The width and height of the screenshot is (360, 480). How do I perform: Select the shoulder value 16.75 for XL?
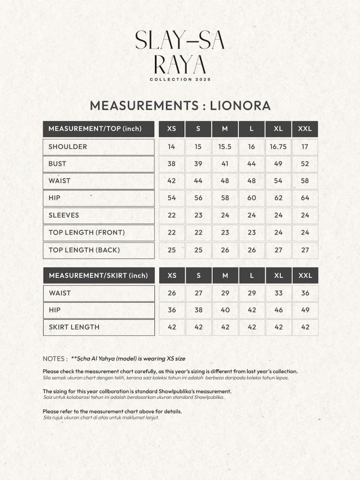278,147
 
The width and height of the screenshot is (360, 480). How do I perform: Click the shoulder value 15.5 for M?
225,147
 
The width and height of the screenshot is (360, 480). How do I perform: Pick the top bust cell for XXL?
305,164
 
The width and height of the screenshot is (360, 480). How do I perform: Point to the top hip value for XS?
172,198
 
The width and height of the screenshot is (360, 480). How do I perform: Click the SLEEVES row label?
64,215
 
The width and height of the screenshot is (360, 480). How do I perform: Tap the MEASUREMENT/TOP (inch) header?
95,129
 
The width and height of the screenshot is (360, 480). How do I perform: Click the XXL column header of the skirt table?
305,275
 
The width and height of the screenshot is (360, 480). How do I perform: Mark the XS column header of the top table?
172,129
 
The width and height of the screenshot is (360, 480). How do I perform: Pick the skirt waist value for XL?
278,293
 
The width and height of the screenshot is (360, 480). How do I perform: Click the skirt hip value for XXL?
305,310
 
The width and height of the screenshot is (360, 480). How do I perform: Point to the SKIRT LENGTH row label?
74,327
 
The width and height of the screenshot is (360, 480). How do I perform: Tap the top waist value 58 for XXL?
305,181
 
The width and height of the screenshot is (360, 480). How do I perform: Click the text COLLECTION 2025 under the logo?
180,80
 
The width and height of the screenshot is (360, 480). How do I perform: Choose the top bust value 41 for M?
225,164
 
